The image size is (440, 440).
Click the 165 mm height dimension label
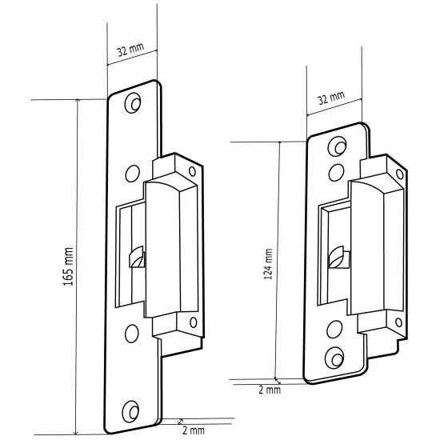tap(69, 266)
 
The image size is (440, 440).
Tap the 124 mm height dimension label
tap(268, 264)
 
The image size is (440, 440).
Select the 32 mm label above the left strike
tap(130, 50)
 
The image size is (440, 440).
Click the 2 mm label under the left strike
tap(194, 430)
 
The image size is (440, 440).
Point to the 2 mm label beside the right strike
tap(270, 390)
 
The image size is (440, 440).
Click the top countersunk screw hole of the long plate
tap(133, 102)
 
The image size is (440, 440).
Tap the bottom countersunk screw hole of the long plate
tap(130, 410)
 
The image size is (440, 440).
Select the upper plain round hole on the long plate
tap(133, 174)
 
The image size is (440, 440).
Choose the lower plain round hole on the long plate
tap(132, 334)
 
